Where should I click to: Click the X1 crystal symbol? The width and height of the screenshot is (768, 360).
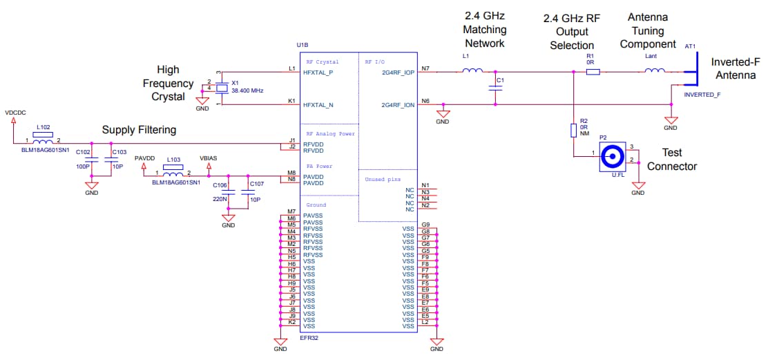click(x=222, y=88)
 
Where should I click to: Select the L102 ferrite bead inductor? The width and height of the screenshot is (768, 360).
click(x=44, y=141)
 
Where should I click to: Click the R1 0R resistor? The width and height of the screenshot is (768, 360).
click(x=592, y=70)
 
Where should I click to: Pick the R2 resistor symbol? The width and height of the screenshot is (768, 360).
click(x=574, y=131)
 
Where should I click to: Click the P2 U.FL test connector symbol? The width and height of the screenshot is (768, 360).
click(x=611, y=160)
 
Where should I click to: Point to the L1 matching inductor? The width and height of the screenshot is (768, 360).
click(x=472, y=70)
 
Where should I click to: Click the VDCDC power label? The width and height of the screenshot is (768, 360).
click(x=15, y=111)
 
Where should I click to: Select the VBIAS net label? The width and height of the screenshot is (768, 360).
click(x=208, y=158)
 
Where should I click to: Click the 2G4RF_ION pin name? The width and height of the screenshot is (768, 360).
click(x=397, y=105)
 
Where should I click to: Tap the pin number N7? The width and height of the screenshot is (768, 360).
click(x=425, y=68)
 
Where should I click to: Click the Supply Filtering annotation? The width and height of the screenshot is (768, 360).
click(x=139, y=130)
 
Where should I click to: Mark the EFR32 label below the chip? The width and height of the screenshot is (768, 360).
click(x=309, y=339)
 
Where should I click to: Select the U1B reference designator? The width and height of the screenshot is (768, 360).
click(x=302, y=46)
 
